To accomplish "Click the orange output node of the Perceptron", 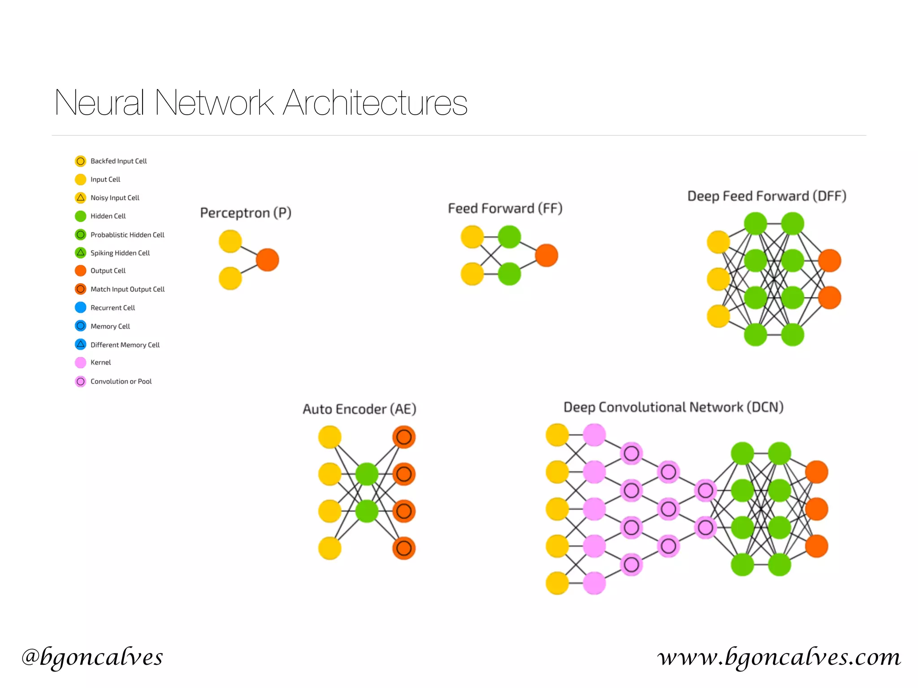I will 268,260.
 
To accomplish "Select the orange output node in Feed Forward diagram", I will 546,255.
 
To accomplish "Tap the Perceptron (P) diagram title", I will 246,213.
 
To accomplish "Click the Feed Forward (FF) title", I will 505,208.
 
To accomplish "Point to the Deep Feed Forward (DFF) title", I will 766,196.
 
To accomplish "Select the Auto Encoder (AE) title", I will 359,409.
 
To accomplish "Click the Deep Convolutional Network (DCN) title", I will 673,407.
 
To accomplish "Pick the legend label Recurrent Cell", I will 113,308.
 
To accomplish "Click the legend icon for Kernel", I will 81,362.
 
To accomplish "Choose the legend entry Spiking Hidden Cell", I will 120,253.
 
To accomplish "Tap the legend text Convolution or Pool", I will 121,381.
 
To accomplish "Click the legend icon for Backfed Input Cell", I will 81,161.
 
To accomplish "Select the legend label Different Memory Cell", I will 125,345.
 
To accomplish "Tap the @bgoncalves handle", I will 92,657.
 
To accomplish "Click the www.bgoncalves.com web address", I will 779,657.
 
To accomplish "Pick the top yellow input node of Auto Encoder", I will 330,437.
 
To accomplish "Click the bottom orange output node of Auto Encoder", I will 404,548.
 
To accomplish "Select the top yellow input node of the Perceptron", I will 230,241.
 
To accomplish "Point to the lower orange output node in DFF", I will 830,298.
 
